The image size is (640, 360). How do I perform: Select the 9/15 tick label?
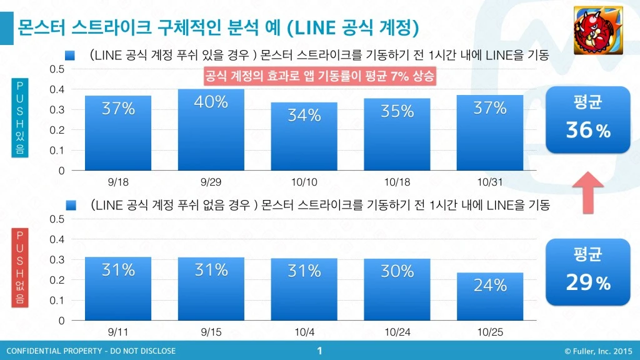click(211, 331)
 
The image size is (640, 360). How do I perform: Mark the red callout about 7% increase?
click(319, 76)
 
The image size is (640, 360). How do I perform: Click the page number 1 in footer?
click(319, 351)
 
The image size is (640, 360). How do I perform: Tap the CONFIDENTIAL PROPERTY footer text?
click(91, 351)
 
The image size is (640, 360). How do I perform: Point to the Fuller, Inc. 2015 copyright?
click(598, 351)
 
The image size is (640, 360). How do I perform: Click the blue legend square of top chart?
click(69, 56)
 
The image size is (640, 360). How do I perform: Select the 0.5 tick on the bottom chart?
click(57, 219)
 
